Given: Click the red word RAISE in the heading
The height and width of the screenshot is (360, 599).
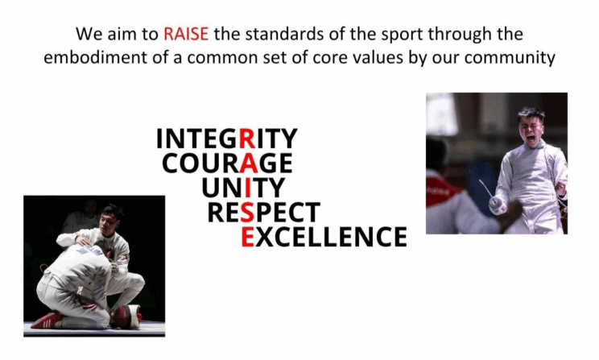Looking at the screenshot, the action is click(x=186, y=34).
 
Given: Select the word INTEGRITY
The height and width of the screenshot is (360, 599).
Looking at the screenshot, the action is click(x=226, y=139).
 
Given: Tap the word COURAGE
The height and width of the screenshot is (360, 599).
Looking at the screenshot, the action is click(x=227, y=163).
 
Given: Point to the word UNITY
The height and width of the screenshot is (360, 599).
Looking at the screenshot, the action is click(x=243, y=188).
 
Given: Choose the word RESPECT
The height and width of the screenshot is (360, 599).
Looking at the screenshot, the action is click(x=263, y=212).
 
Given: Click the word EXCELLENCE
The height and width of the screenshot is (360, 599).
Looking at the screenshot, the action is click(x=324, y=237).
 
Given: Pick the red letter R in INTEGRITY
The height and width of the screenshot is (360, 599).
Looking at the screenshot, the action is click(x=247, y=139).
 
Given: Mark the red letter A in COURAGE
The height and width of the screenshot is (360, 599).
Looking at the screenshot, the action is click(x=249, y=163).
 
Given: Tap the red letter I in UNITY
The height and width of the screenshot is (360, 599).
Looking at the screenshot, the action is click(x=247, y=188).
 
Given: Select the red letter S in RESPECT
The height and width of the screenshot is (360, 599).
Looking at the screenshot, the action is click(x=247, y=212).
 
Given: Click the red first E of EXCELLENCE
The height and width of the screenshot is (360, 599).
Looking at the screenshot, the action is click(x=247, y=237).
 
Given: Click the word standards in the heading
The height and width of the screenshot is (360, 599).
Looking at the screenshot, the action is click(x=284, y=34).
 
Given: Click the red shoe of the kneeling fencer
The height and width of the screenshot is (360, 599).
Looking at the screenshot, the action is click(x=46, y=321).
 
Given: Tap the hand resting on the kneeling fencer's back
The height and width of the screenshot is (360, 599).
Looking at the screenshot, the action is click(x=83, y=240).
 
